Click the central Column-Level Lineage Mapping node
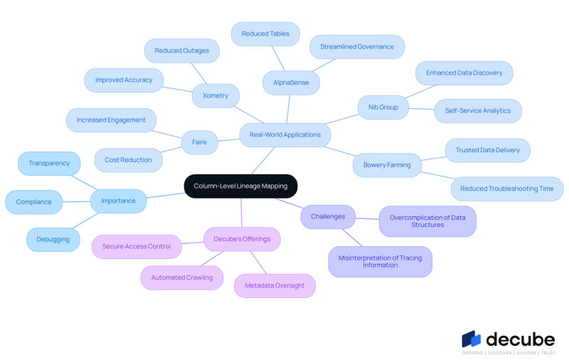[240, 186]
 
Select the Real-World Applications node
[285, 135]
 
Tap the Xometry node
[216, 96]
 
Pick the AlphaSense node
[291, 83]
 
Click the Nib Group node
[383, 107]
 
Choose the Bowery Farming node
[387, 165]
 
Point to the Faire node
[200, 142]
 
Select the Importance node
[118, 201]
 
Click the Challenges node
[328, 217]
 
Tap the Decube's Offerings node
[242, 239]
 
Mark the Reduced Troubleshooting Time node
[507, 189]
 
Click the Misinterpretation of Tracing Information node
[381, 262]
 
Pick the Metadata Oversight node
[275, 286]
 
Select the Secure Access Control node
[137, 247]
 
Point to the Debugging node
[53, 240]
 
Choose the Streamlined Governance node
[357, 47]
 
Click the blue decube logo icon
[471, 339]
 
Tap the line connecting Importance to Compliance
[76, 202]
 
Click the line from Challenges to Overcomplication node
[367, 218]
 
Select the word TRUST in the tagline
[548, 353]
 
